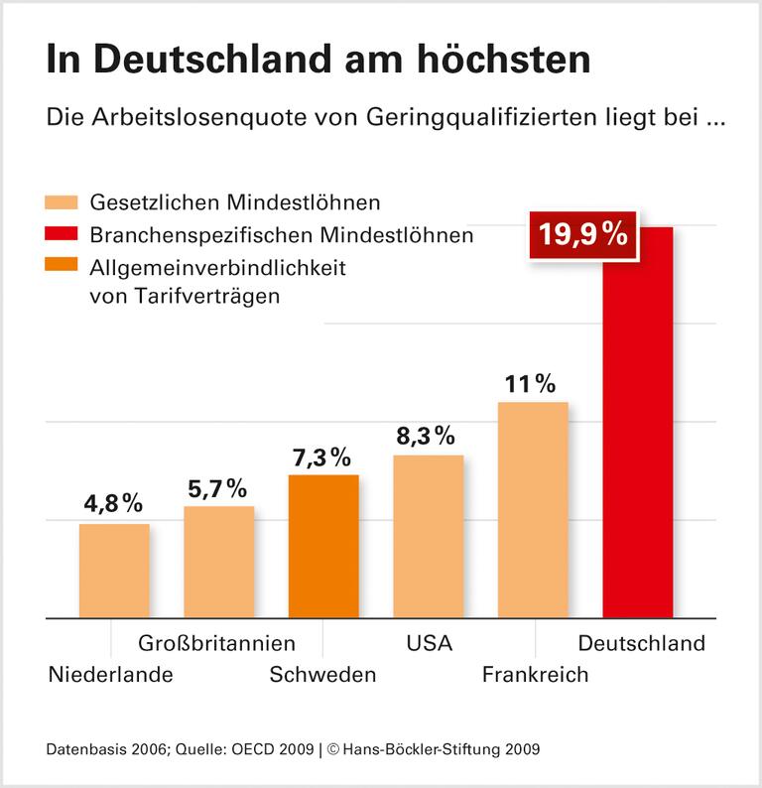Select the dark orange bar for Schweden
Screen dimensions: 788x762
click(323, 546)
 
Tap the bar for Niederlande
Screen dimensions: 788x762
click(114, 571)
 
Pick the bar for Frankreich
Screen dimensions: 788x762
click(533, 509)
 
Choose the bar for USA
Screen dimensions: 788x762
click(429, 536)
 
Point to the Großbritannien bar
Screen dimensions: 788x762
click(218, 562)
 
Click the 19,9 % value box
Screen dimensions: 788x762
click(582, 236)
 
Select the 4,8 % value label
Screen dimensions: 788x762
click(114, 504)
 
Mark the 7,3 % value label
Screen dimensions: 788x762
click(321, 458)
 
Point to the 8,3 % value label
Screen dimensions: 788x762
click(426, 436)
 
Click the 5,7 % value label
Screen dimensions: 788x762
click(216, 488)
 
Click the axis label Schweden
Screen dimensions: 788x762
click(323, 675)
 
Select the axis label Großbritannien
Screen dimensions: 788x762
click(216, 643)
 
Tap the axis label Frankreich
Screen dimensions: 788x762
click(535, 675)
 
